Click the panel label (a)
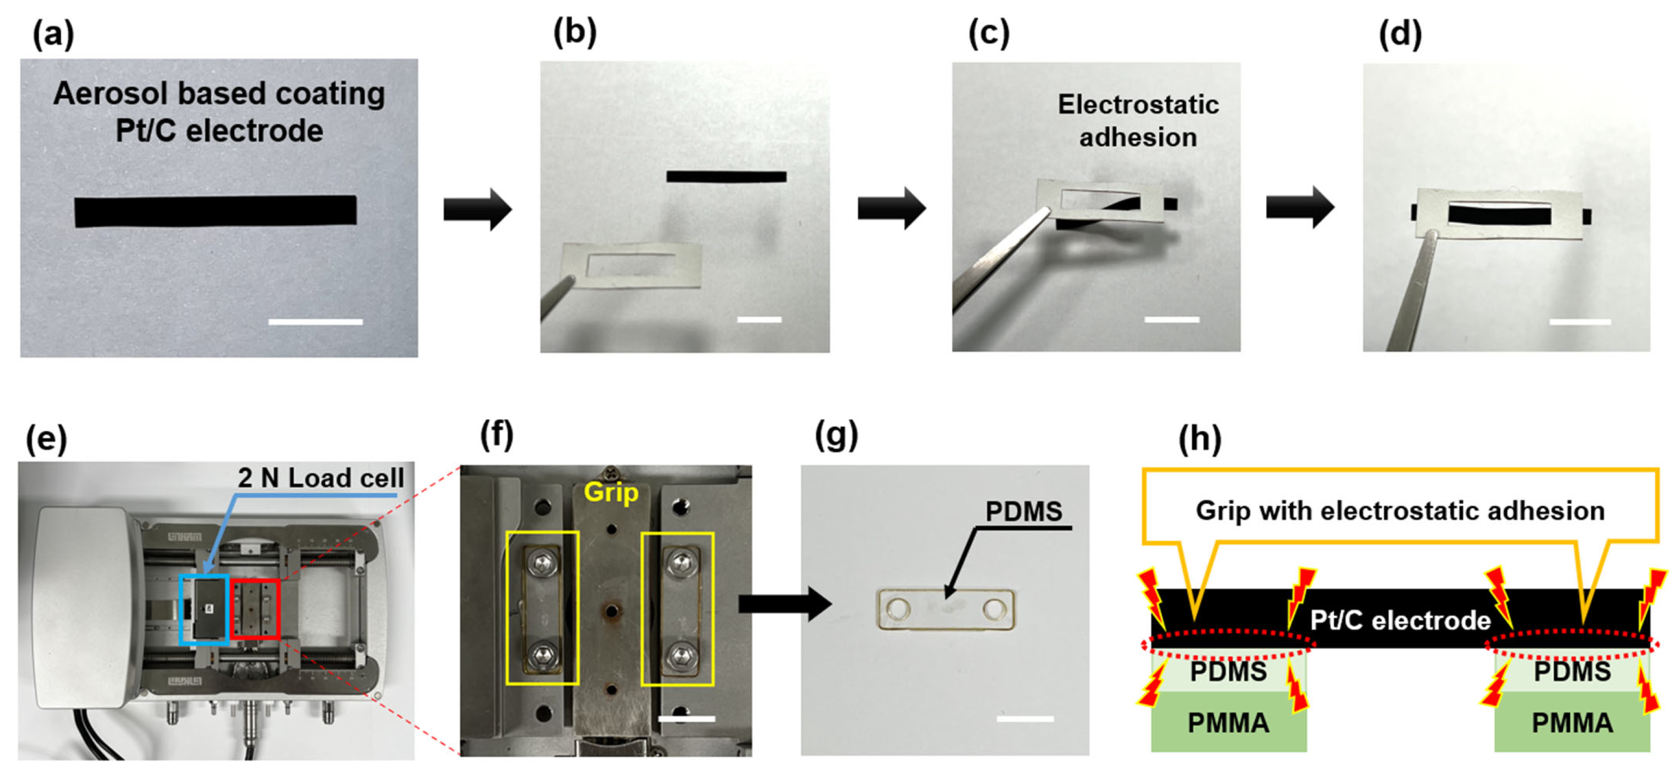pyautogui.click(x=53, y=34)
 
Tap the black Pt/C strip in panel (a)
pyautogui.click(x=216, y=211)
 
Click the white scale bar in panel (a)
pyautogui.click(x=316, y=321)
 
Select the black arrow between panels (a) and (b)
pyautogui.click(x=478, y=209)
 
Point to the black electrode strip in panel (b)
pyautogui.click(x=726, y=176)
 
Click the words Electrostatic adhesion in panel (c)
pyautogui.click(x=1138, y=121)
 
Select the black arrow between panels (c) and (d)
pyautogui.click(x=1300, y=207)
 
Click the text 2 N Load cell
pyautogui.click(x=320, y=478)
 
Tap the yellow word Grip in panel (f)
pyautogui.click(x=611, y=492)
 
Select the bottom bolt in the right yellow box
pyautogui.click(x=679, y=656)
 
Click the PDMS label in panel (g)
pyautogui.click(x=1024, y=511)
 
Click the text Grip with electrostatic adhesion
pyautogui.click(x=1400, y=511)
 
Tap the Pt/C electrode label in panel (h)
pyautogui.click(x=1400, y=620)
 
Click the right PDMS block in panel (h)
pyautogui.click(x=1572, y=671)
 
